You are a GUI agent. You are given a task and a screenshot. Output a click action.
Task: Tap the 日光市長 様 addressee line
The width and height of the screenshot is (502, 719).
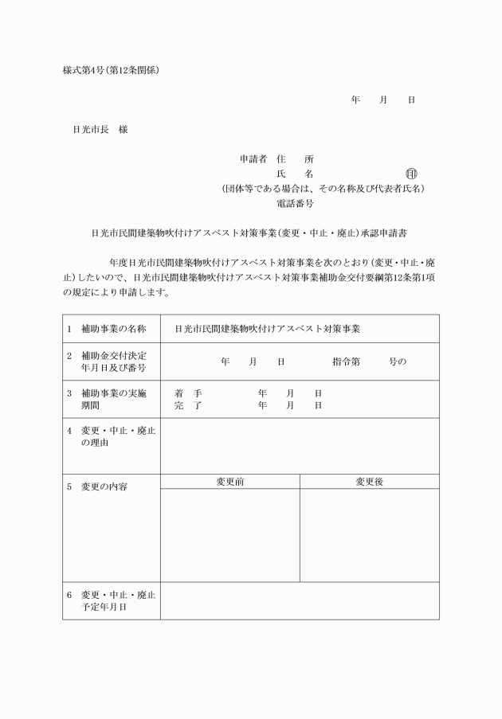[x=100, y=130]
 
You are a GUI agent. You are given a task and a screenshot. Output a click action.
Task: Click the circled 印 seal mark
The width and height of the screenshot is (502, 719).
[x=411, y=174]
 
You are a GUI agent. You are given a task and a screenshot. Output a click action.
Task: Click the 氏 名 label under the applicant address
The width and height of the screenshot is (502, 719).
[x=295, y=174]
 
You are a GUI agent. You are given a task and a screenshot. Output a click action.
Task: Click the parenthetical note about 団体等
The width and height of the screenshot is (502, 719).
[x=323, y=189]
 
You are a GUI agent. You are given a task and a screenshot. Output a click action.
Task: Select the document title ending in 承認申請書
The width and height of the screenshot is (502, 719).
[x=251, y=234]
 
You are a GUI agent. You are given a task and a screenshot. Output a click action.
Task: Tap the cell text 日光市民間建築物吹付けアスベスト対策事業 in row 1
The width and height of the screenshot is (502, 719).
[x=267, y=328]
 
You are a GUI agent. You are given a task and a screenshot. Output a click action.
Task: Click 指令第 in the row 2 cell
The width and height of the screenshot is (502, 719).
[x=347, y=361]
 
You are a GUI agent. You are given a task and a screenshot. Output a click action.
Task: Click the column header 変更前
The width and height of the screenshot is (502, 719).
[x=229, y=482]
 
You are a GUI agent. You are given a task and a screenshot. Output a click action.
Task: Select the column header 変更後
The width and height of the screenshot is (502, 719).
[x=369, y=482]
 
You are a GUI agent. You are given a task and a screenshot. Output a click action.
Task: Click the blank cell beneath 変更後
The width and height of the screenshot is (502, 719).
[x=369, y=535]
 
